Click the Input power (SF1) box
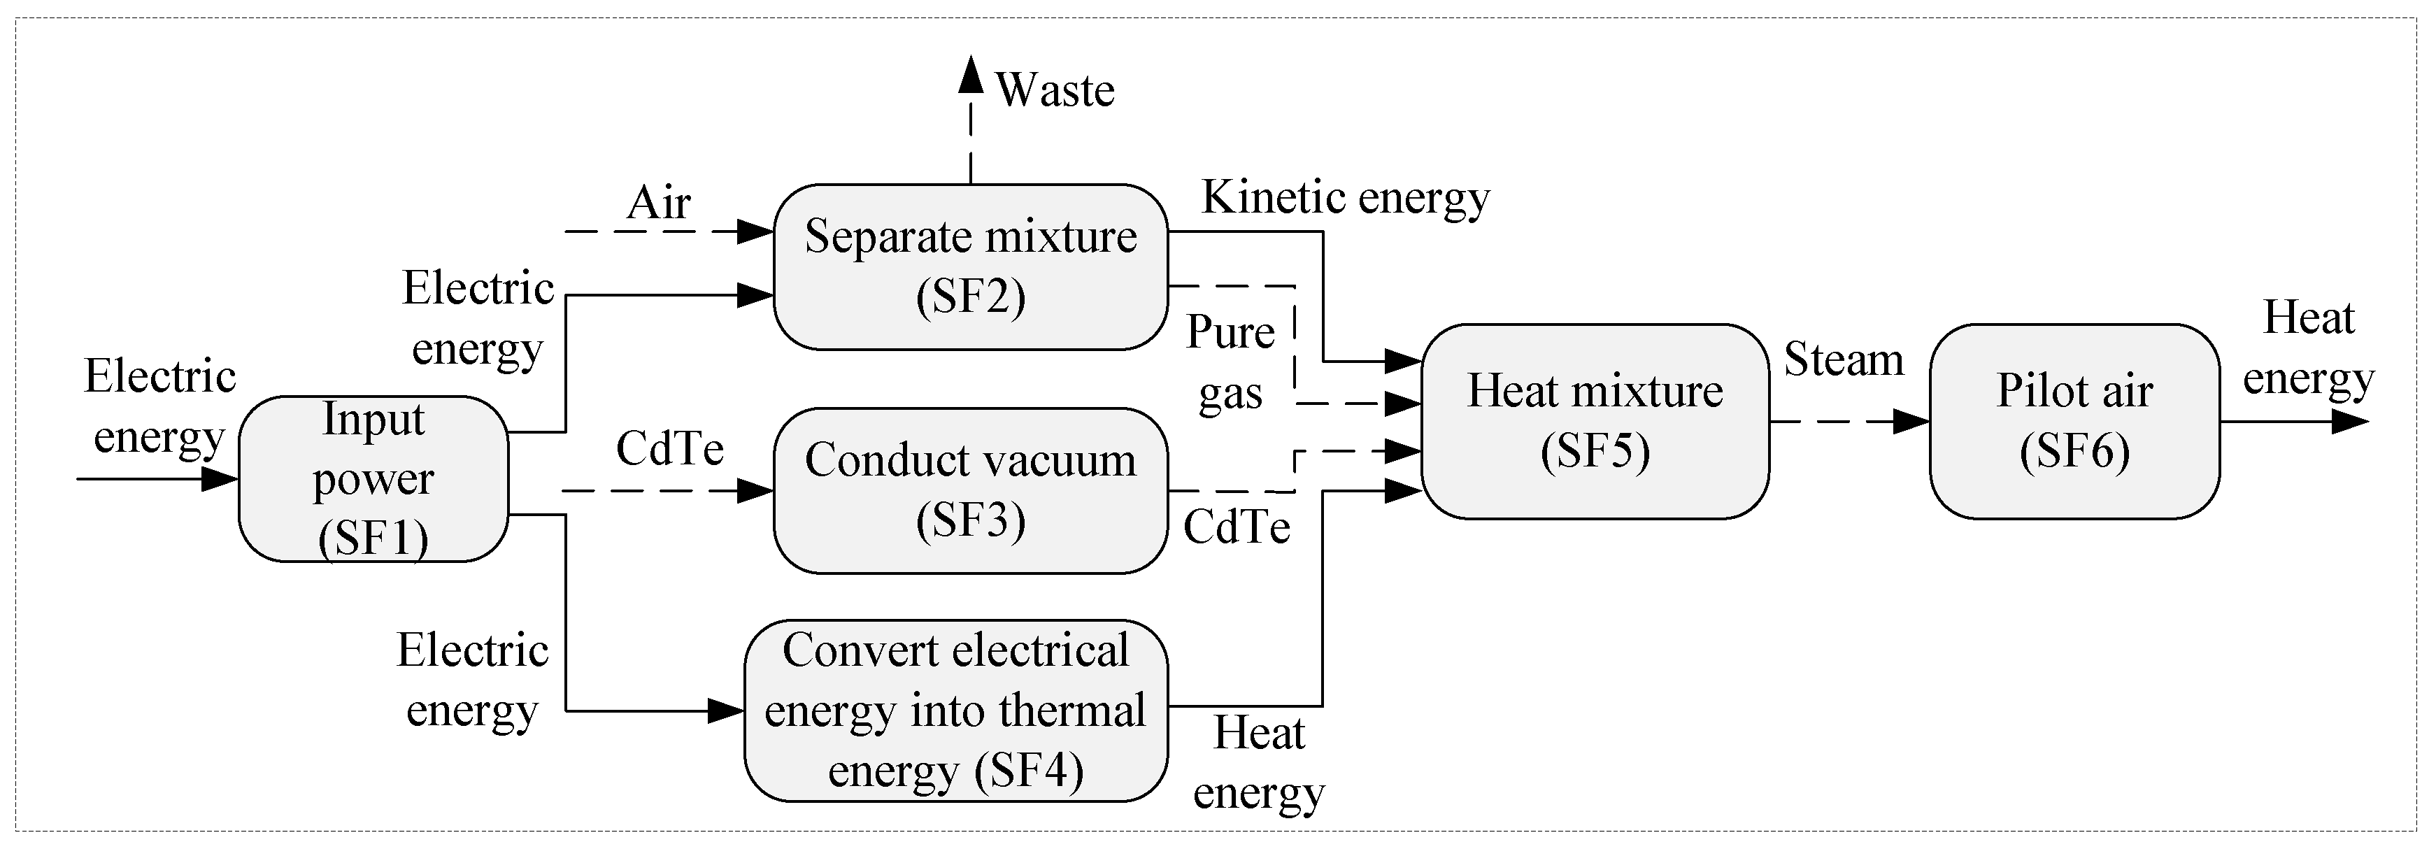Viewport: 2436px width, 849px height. [373, 478]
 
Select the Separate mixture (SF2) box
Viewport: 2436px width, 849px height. [970, 266]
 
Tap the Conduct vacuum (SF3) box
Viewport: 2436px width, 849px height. [970, 490]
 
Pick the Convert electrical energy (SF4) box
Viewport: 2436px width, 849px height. [955, 710]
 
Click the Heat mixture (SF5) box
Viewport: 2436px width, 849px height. [1595, 421]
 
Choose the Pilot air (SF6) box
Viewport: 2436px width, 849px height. [2074, 421]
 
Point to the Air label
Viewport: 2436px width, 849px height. [658, 202]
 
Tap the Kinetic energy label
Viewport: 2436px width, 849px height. [1345, 198]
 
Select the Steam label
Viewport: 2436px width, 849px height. [1843, 359]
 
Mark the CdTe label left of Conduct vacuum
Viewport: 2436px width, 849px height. [669, 448]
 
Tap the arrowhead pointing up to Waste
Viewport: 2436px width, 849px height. [970, 76]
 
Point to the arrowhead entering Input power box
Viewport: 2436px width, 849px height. [220, 478]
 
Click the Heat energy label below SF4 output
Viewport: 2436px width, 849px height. [1259, 762]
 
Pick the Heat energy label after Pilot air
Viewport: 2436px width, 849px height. [2308, 347]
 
